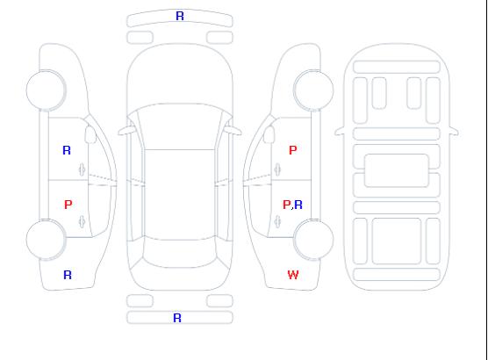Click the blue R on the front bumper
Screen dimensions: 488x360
click(x=180, y=16)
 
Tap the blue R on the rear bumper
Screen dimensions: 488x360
click(x=177, y=318)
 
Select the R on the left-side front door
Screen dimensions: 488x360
click(x=67, y=150)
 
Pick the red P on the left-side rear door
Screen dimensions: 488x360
click(x=68, y=205)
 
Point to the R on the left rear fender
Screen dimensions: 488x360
click(x=68, y=275)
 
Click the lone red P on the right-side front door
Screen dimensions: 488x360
click(x=293, y=150)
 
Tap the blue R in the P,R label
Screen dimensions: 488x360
click(x=298, y=205)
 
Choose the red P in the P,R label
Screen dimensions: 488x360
click(x=287, y=205)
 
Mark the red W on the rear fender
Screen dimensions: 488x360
click(x=293, y=275)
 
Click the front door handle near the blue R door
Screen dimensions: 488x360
click(x=83, y=169)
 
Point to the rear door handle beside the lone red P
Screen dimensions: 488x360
click(x=83, y=221)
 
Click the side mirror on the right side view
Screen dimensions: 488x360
click(x=269, y=134)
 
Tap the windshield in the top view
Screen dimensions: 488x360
click(x=180, y=126)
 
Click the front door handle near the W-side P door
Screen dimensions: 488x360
click(x=277, y=169)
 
